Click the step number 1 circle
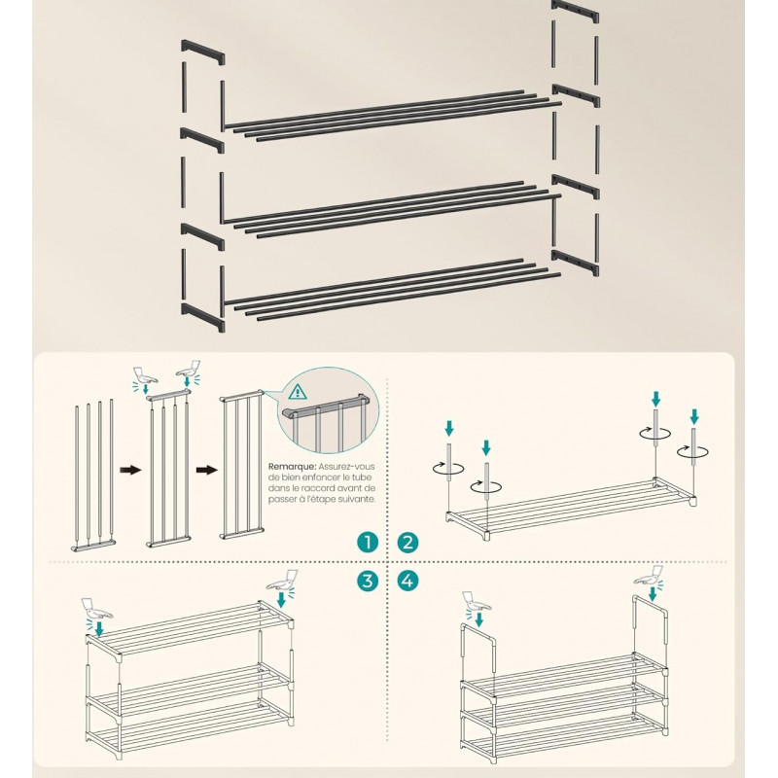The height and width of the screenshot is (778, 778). click(x=368, y=543)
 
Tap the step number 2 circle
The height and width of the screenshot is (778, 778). click(x=407, y=543)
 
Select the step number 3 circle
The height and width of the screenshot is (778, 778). click(x=368, y=581)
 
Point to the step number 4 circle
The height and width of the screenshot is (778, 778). click(x=407, y=581)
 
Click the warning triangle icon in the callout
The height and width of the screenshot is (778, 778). click(x=298, y=392)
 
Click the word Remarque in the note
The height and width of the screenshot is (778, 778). click(x=293, y=467)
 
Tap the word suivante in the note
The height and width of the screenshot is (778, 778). click(x=357, y=499)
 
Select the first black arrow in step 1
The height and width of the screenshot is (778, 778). click(x=130, y=470)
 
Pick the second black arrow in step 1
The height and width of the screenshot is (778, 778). click(x=207, y=470)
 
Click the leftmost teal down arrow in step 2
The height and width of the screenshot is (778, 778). click(x=449, y=428)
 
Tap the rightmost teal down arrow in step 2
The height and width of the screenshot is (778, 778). click(x=694, y=417)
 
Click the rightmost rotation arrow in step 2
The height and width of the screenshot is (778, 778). click(x=693, y=452)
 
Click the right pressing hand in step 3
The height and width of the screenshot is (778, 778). click(x=283, y=580)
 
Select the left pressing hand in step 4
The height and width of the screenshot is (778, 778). click(x=477, y=601)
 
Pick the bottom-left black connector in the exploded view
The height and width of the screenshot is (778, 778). click(x=203, y=317)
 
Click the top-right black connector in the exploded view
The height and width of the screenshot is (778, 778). click(x=576, y=11)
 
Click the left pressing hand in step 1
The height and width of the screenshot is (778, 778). click(x=145, y=375)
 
